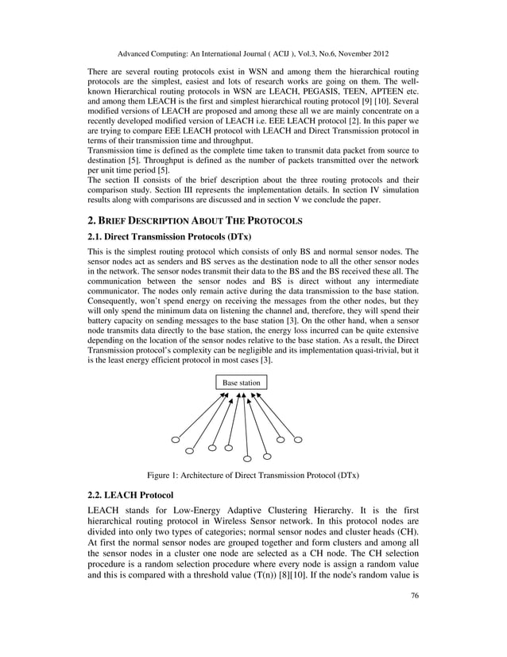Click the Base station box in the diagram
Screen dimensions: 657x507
tap(241, 383)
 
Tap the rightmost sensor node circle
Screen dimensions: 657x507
tap(298, 439)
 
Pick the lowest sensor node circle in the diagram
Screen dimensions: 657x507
tap(248, 458)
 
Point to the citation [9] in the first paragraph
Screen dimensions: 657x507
tap(377, 104)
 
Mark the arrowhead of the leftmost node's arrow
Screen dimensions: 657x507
tap(227, 395)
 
